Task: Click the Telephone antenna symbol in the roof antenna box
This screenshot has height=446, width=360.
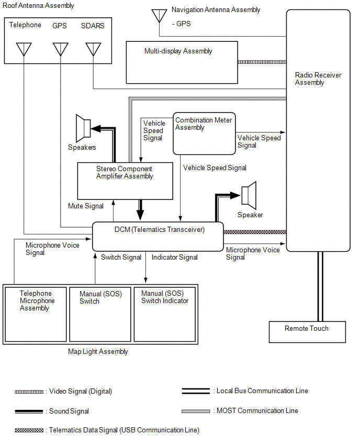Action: (24, 49)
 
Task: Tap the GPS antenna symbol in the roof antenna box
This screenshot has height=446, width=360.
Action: (60, 49)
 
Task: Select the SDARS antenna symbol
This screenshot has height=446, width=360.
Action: (93, 49)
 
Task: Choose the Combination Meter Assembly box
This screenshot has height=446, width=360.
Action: (204, 133)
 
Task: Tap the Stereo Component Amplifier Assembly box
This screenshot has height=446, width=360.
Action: (125, 181)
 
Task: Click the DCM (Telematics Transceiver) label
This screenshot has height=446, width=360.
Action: (160, 229)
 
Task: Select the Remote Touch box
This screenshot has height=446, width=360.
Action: (307, 332)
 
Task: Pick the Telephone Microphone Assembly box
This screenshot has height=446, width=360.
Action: (36, 314)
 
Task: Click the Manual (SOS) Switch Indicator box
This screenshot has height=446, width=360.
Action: (165, 314)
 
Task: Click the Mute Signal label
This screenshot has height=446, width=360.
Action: (86, 206)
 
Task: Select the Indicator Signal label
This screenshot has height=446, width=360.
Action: (175, 257)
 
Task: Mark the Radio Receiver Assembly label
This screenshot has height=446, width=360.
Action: (318, 79)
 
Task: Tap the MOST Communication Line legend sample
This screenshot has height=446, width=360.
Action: (196, 411)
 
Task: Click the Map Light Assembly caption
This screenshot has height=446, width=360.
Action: (98, 352)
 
